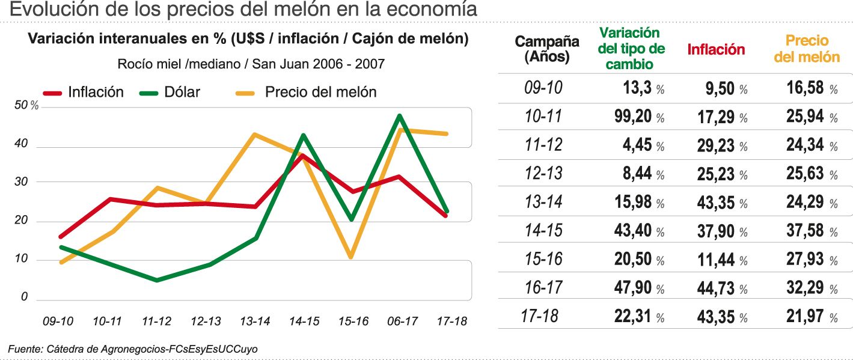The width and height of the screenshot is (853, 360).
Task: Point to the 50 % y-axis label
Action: click(x=26, y=106)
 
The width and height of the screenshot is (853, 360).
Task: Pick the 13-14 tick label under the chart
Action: click(x=255, y=322)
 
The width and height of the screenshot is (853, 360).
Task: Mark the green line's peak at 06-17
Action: click(x=399, y=115)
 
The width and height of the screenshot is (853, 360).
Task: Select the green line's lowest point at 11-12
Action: click(x=157, y=280)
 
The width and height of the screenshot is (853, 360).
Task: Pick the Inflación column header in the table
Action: click(x=715, y=50)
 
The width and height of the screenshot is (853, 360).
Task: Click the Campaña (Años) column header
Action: click(x=547, y=49)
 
